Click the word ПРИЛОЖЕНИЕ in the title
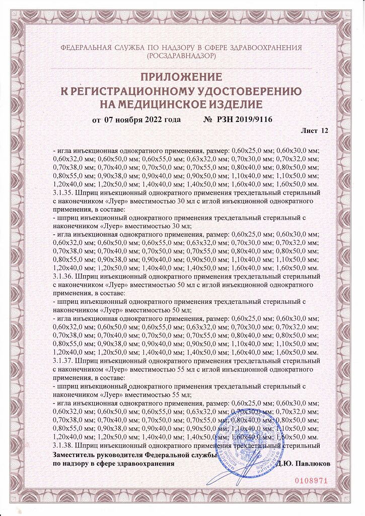(182, 78)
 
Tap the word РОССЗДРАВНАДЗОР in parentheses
(182, 56)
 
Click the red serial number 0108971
(310, 480)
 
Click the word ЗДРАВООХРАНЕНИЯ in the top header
(267, 48)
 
